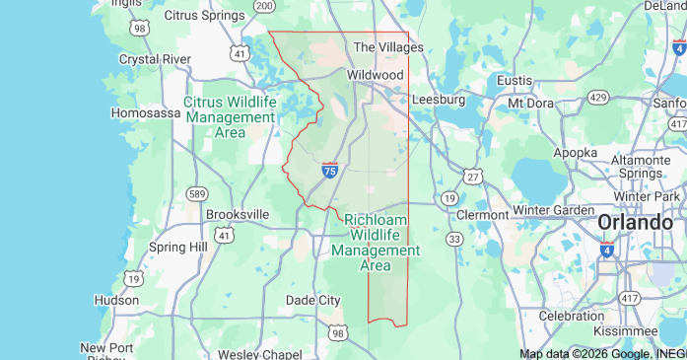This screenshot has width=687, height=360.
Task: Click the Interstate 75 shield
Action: pyautogui.click(x=330, y=171)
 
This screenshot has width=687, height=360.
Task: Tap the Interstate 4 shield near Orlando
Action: pyautogui.click(x=606, y=252)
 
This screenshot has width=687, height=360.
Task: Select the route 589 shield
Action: pyautogui.click(x=197, y=193)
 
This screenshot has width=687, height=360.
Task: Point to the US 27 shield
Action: pyautogui.click(x=474, y=176)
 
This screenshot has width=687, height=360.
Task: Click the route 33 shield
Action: pyautogui.click(x=454, y=239)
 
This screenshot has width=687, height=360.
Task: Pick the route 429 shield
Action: pyautogui.click(x=597, y=97)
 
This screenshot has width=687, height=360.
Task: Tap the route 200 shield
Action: pyautogui.click(x=264, y=5)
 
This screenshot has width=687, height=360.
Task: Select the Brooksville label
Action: pyautogui.click(x=238, y=214)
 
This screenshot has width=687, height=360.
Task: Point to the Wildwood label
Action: pyautogui.click(x=376, y=75)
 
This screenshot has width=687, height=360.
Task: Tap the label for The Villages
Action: pyautogui.click(x=388, y=47)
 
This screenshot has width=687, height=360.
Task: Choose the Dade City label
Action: pyautogui.click(x=312, y=300)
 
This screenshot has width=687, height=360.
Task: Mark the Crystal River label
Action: pyautogui.click(x=155, y=59)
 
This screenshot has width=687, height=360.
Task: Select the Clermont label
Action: pyautogui.click(x=483, y=214)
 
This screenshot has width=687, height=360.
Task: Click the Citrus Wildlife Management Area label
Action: pyautogui.click(x=230, y=116)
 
